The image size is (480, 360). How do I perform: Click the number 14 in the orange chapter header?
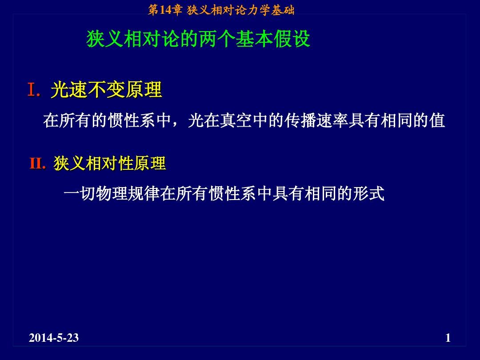tap(165, 10)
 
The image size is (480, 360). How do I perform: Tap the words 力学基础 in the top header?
tap(271, 10)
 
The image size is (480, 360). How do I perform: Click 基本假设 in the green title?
tap(273, 39)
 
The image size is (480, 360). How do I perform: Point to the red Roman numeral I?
tap(32, 90)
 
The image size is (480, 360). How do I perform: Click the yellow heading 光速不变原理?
tap(106, 90)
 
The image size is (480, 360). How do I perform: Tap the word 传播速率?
tap(316, 120)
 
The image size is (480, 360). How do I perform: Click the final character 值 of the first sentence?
tap(436, 120)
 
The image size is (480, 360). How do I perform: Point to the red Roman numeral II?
tap(36, 163)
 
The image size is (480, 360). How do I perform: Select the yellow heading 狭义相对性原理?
tap(110, 163)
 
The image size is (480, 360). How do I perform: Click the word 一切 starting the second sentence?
tap(79, 193)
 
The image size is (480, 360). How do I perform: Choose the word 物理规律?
tap(128, 193)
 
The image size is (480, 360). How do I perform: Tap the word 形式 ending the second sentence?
tap(368, 193)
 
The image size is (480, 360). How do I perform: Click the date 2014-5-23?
tap(54, 338)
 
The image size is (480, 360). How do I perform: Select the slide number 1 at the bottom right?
tap(448, 338)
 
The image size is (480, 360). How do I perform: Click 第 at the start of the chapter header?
tap(153, 10)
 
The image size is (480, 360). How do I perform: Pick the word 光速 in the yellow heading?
tap(69, 90)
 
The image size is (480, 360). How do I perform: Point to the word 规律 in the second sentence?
tap(143, 193)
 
